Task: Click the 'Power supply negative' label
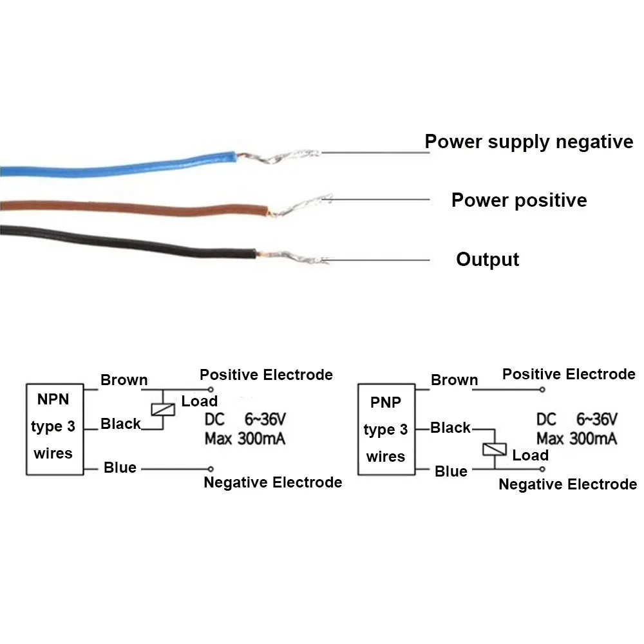click(x=529, y=142)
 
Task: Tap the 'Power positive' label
click(x=519, y=200)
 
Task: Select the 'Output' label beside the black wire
click(x=488, y=260)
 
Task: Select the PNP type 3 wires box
click(x=386, y=430)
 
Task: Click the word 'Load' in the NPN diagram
click(x=199, y=401)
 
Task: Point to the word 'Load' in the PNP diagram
click(x=530, y=455)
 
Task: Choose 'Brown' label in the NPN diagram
click(x=124, y=380)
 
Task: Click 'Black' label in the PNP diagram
click(x=451, y=428)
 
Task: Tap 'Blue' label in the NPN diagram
click(x=120, y=468)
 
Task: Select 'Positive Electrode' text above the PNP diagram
click(x=569, y=374)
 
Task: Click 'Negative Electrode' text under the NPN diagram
click(x=272, y=482)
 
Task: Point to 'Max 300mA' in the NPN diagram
click(x=245, y=440)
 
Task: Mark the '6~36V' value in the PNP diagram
click(x=597, y=419)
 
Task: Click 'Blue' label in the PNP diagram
click(x=451, y=471)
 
